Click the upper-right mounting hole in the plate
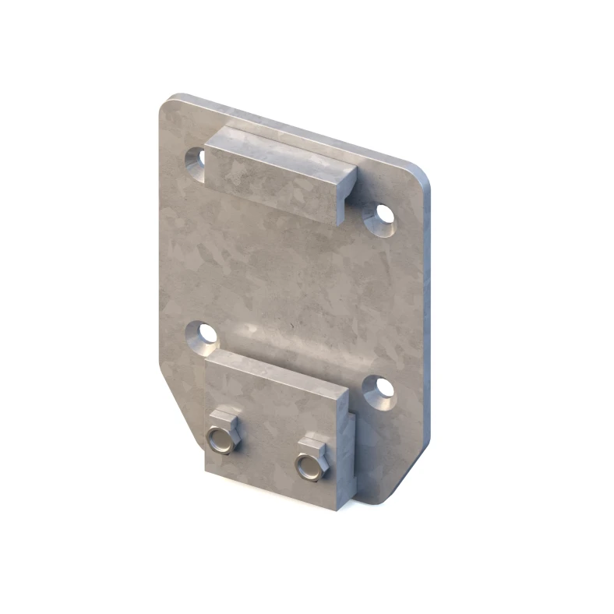click(x=382, y=214)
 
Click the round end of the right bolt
click(x=311, y=467)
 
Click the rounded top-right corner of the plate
click(x=421, y=174)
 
